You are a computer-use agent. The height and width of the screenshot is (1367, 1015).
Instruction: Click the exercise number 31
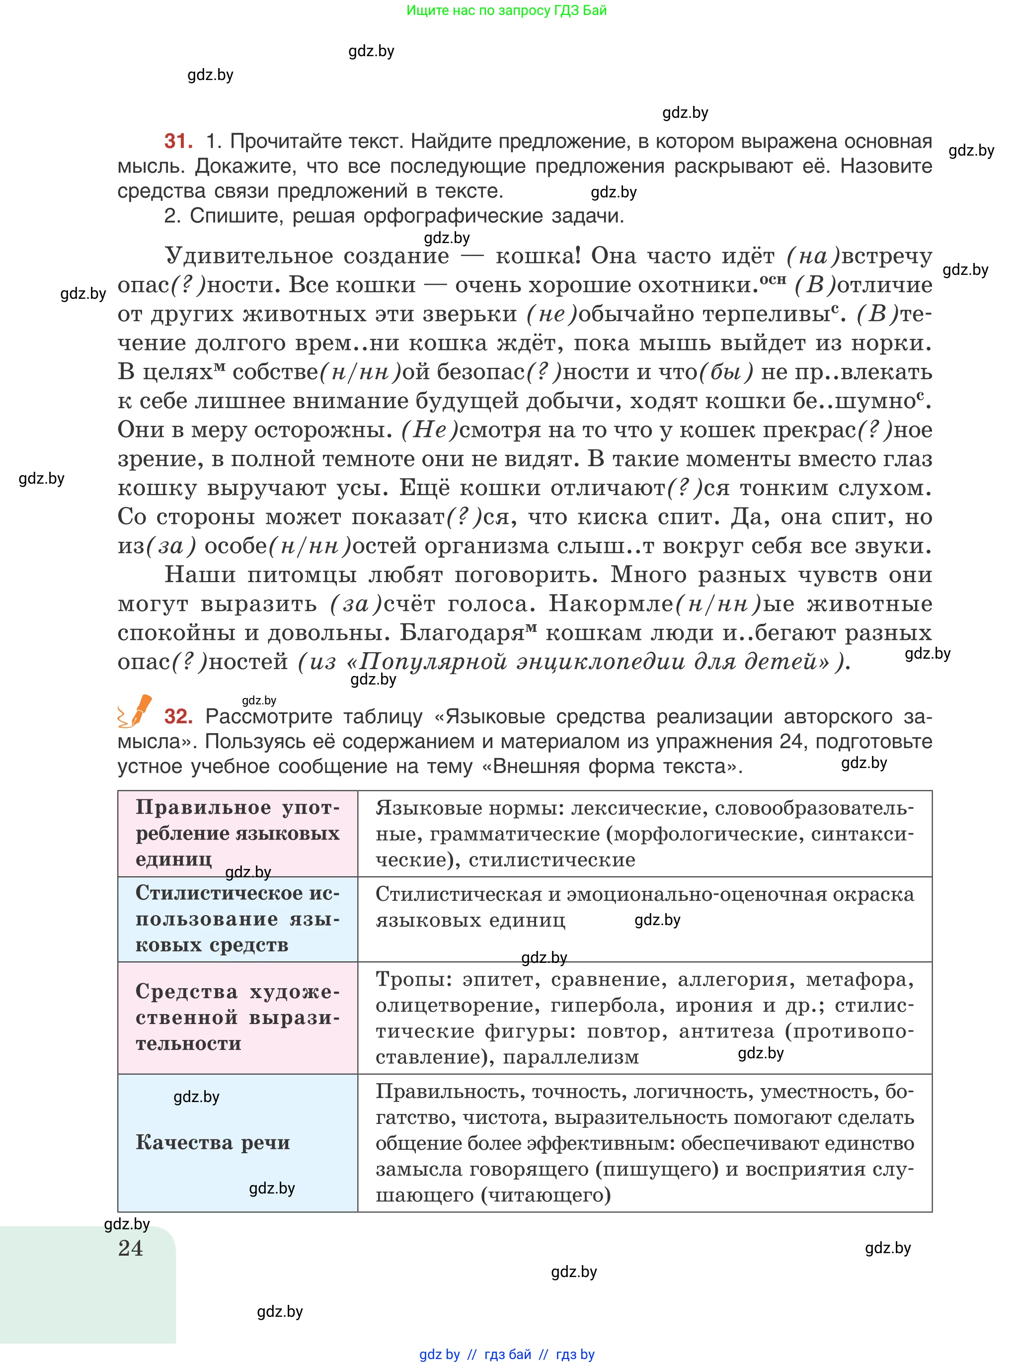(x=178, y=141)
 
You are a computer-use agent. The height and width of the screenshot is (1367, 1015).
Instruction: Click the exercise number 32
(x=178, y=716)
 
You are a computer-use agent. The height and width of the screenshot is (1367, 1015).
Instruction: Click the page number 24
(x=130, y=1248)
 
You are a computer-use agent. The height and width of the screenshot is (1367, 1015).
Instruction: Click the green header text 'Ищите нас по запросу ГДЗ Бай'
(x=506, y=10)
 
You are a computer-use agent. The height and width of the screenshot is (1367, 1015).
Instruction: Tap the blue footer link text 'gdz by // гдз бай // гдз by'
(x=506, y=1354)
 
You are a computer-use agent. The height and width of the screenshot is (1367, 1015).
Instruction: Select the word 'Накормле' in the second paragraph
(x=611, y=604)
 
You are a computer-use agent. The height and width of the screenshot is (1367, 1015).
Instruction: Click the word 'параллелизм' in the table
(x=571, y=1057)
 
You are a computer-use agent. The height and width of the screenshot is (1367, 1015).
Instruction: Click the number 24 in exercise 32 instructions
(x=792, y=741)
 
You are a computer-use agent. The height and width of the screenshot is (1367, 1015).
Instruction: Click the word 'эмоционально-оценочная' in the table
(x=697, y=894)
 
